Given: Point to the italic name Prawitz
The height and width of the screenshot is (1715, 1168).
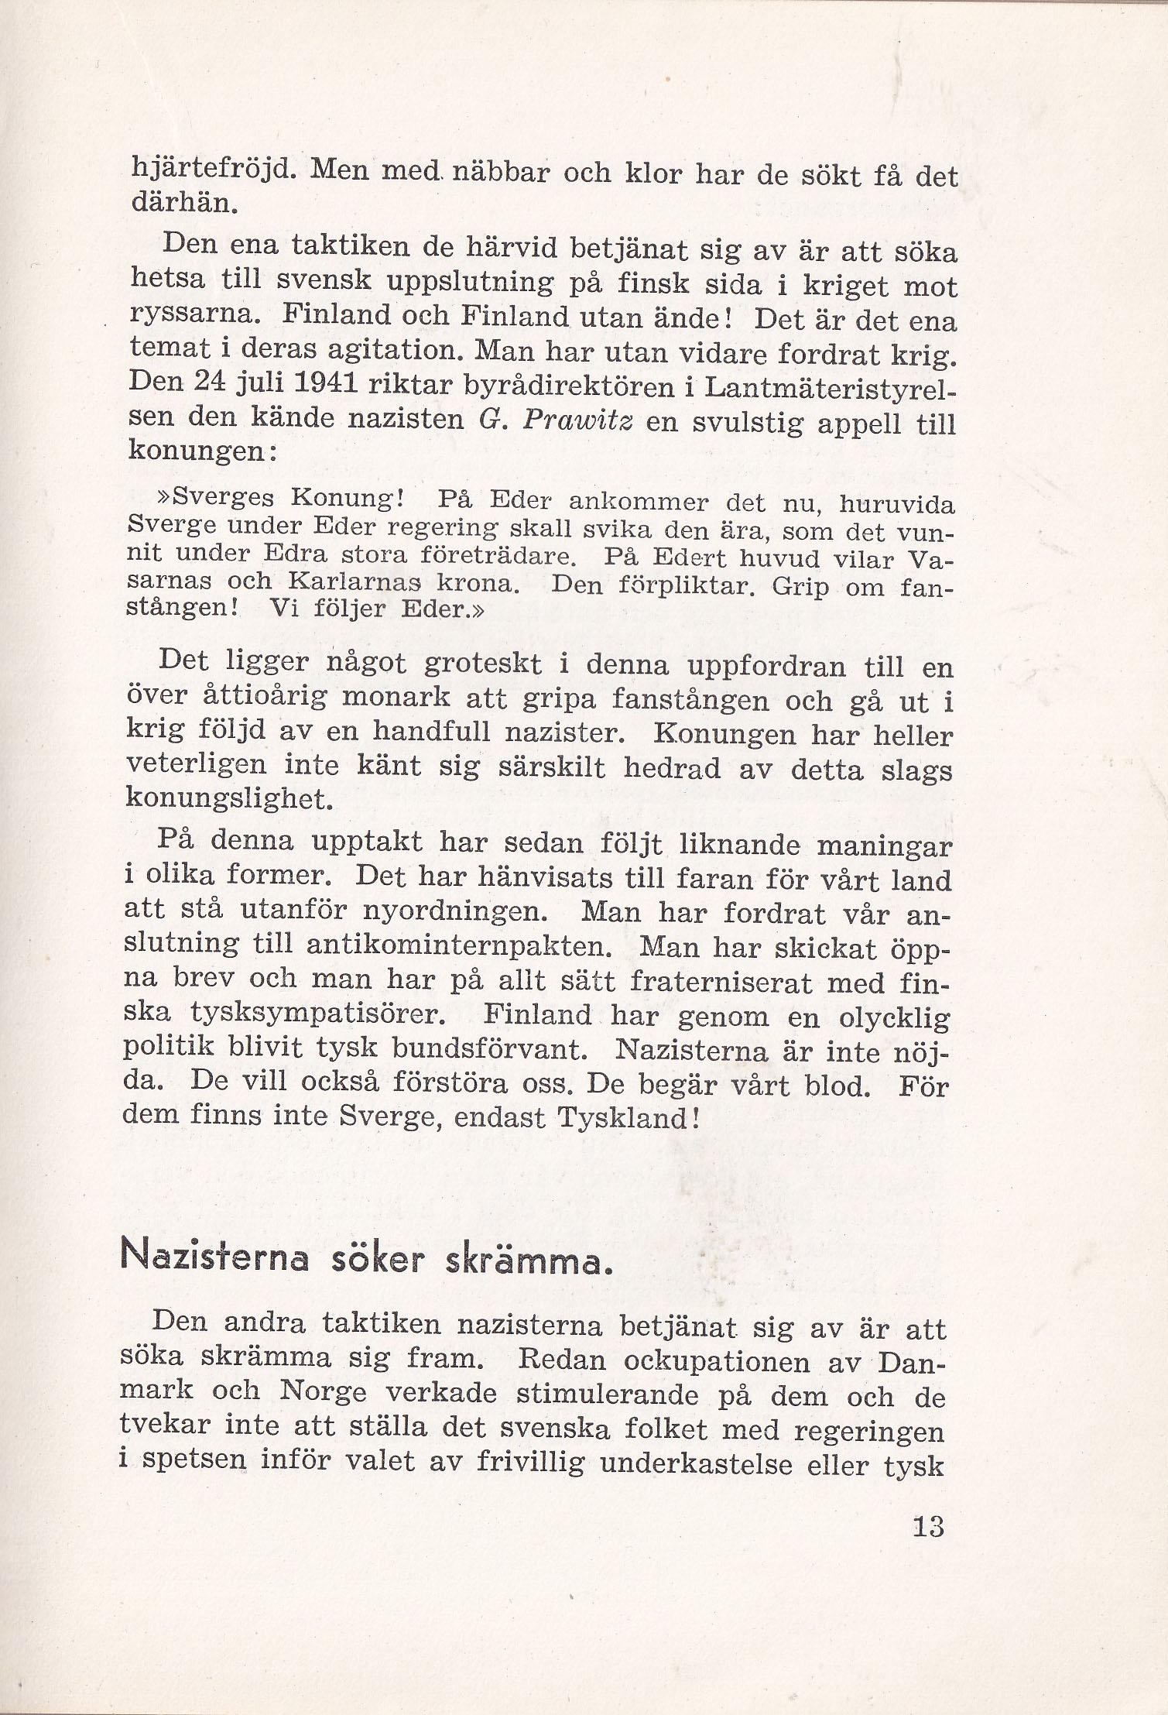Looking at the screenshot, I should (576, 420).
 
